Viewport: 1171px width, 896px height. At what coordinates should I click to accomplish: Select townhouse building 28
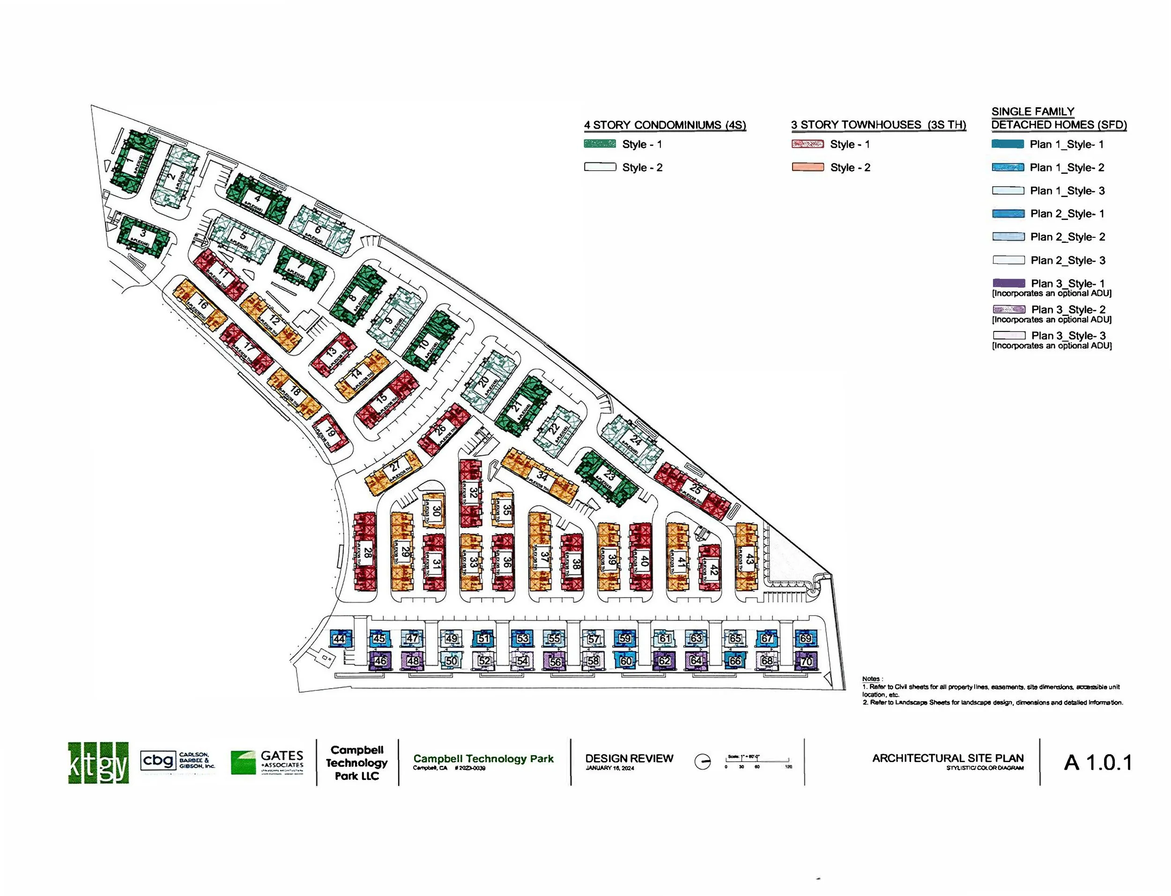366,552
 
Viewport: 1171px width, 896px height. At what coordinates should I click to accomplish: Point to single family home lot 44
339,639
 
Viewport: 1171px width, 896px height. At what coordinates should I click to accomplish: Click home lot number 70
806,661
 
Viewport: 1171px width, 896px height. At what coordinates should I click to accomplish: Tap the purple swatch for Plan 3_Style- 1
1008,283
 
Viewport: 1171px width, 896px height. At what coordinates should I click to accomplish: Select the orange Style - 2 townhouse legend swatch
807,168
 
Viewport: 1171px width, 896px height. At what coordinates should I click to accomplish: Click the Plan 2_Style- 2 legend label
1067,237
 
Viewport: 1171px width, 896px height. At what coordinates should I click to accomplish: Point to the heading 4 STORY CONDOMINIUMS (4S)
664,125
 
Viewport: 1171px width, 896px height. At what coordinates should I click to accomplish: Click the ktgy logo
98,763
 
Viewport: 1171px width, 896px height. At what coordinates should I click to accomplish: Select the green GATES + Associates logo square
243,763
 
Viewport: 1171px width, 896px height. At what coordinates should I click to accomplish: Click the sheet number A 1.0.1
1098,763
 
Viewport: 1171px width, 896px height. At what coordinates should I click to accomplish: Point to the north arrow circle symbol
703,762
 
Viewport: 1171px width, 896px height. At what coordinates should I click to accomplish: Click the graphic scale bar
757,761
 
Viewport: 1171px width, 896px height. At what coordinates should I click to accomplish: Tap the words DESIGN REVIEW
629,758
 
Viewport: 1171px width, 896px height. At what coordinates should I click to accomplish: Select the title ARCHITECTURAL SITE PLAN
948,758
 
